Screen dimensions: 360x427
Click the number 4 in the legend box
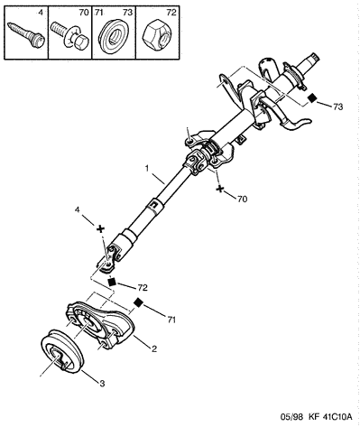tap(41, 13)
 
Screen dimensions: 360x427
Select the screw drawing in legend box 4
tap(25, 35)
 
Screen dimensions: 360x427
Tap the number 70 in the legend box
tap(84, 13)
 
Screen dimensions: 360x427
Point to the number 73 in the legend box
tap(127, 13)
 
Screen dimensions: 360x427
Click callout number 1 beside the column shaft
tap(147, 169)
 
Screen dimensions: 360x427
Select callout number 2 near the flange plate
tap(154, 349)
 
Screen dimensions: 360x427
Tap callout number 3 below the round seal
tap(102, 384)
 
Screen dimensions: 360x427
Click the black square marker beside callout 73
tap(313, 97)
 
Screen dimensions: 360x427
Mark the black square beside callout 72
tap(112, 282)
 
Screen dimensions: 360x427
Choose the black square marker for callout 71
tap(138, 302)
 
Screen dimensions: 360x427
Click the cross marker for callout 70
tap(220, 190)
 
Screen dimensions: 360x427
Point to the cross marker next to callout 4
tap(100, 229)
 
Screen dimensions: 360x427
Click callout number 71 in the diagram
tap(171, 320)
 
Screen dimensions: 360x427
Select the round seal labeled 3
tap(62, 352)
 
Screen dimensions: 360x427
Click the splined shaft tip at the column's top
tap(314, 57)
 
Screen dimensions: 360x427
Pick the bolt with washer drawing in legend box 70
tap(69, 36)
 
